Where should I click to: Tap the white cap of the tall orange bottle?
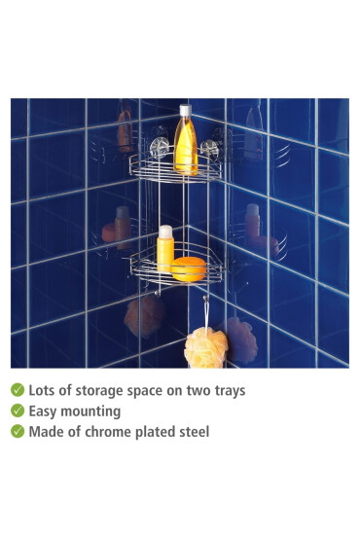[185, 110]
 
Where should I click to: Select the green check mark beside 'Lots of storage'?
[18, 390]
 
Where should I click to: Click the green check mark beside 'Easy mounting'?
[18, 410]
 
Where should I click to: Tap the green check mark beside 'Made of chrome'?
[18, 431]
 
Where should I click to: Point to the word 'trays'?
[227, 390]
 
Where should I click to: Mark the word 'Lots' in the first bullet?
[43, 390]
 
